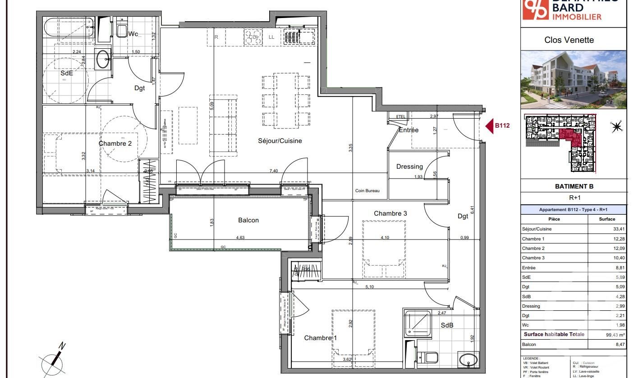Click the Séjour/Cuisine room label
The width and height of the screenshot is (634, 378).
pyautogui.click(x=280, y=141)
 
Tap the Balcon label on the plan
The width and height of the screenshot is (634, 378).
pyautogui.click(x=248, y=220)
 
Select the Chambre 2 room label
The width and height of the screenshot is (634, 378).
pyautogui.click(x=115, y=143)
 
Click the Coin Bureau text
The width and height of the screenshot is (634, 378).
pyautogui.click(x=367, y=191)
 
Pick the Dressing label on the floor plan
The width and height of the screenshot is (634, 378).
pyautogui.click(x=409, y=166)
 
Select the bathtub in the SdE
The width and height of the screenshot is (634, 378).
pyautogui.click(x=69, y=28)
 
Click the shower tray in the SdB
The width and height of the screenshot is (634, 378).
pyautogui.click(x=417, y=323)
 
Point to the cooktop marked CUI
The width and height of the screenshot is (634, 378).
pyautogui.click(x=254, y=37)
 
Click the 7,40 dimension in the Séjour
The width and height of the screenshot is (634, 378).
pyautogui.click(x=273, y=171)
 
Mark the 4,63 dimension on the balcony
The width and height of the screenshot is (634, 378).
pyautogui.click(x=240, y=238)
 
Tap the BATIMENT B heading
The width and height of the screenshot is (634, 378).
pyautogui.click(x=574, y=186)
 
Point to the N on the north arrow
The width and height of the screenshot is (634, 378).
pyautogui.click(x=62, y=346)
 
